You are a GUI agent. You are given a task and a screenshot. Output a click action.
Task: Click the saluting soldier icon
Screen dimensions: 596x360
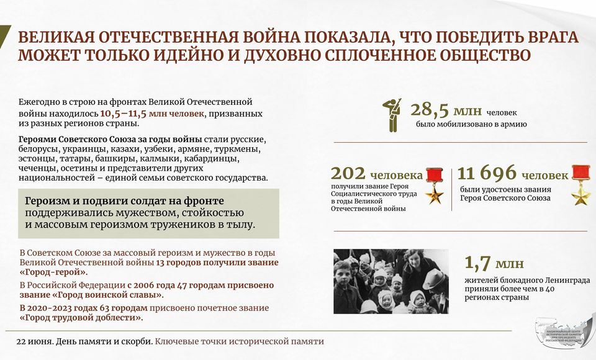392,115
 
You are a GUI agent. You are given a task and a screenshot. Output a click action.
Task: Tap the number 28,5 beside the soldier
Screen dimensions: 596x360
427,110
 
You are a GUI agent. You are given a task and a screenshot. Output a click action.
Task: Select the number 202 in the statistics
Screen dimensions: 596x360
348,173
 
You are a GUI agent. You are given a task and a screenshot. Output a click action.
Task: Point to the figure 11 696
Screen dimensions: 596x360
487,173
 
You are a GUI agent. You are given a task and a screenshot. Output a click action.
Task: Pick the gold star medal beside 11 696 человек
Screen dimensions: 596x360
581,185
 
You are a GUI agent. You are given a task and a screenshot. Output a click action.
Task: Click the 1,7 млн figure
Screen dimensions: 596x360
494,263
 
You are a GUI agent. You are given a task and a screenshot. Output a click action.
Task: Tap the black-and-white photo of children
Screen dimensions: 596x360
391,281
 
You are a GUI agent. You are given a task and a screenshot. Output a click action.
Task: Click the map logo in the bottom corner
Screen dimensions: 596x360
565,331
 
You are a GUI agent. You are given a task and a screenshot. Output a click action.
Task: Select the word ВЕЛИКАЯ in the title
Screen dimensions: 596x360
54,38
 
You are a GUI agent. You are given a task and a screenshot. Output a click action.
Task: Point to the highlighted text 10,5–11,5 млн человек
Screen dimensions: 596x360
152,114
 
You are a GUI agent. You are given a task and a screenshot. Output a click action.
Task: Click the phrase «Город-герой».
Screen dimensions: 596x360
53,272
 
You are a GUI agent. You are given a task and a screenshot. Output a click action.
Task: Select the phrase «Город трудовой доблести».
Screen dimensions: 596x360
81,318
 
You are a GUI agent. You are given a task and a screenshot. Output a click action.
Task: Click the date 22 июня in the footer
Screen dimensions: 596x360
34,341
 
